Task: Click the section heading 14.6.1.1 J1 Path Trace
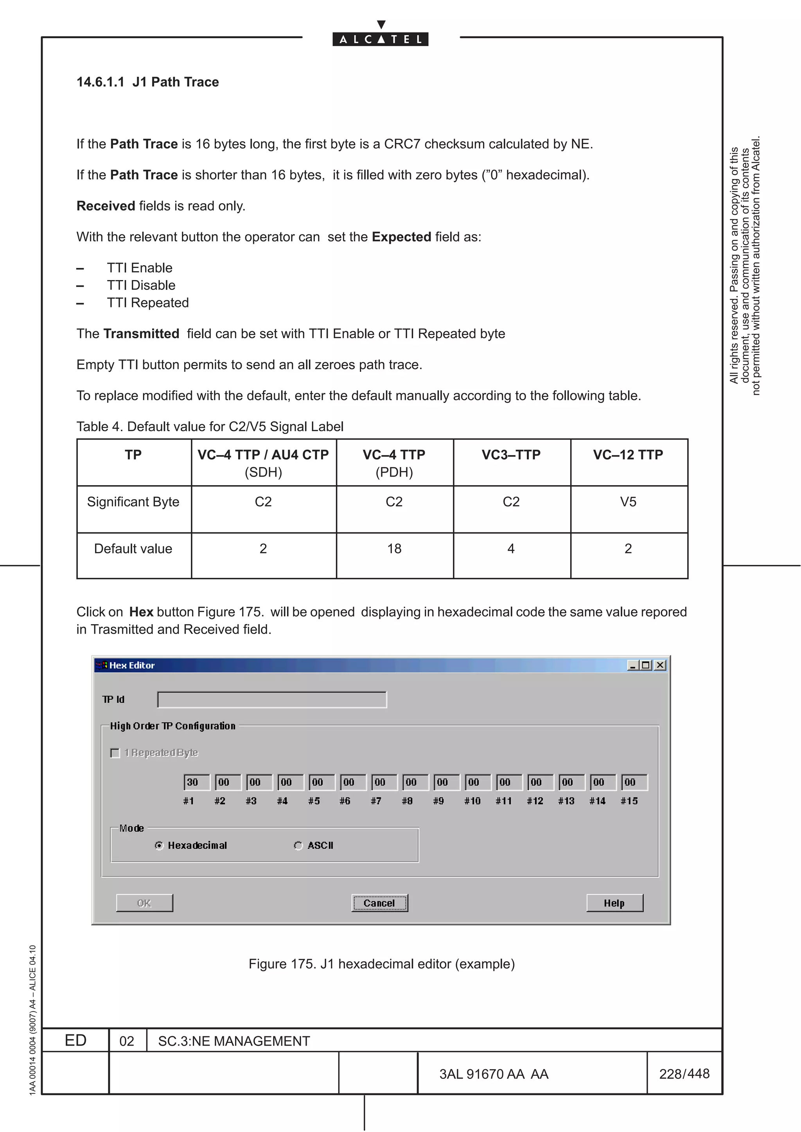147,82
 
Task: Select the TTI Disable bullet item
141,286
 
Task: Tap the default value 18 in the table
394,549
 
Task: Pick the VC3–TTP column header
511,455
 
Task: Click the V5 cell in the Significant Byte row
628,502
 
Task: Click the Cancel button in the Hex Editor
379,903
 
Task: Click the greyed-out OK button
144,903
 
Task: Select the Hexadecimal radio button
159,846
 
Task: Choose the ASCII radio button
298,846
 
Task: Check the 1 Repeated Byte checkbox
115,753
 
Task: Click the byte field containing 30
196,782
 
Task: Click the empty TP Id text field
272,700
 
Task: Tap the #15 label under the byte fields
629,801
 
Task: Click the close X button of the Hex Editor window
660,665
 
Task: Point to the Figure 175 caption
381,964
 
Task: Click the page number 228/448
684,1073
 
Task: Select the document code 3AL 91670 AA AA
494,1074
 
